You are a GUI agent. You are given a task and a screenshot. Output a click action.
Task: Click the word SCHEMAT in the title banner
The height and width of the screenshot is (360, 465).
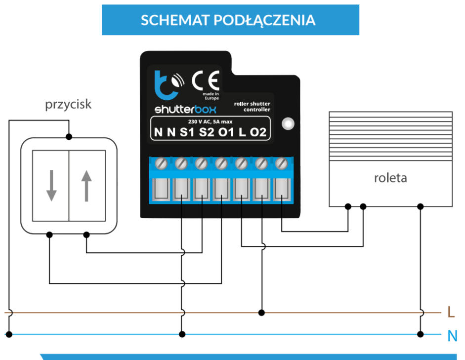[x=175, y=20]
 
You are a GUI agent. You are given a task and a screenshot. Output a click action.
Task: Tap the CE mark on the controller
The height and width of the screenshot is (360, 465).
[x=206, y=80]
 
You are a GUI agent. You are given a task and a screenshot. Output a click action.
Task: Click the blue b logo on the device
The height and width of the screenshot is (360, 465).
[x=166, y=85]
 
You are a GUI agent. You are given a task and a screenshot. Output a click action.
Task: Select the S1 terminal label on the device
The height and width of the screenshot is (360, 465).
[x=187, y=132]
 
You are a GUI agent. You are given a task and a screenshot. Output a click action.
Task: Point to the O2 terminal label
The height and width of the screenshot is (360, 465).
[x=258, y=132]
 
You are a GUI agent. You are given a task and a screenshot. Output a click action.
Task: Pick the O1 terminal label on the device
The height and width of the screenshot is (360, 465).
[x=226, y=132]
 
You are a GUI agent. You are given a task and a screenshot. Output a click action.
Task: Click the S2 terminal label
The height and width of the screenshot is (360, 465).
[x=207, y=132]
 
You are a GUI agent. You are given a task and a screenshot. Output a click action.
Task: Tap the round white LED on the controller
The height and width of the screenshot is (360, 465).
[x=288, y=123]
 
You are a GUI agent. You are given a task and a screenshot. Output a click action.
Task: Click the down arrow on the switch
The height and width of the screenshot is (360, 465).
[x=51, y=186]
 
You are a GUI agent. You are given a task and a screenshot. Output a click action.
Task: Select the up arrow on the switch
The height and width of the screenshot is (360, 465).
[x=86, y=186]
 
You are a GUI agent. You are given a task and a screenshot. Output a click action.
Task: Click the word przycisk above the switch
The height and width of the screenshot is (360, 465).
[x=68, y=105]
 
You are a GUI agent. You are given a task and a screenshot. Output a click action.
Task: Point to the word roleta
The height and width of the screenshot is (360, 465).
[x=390, y=178]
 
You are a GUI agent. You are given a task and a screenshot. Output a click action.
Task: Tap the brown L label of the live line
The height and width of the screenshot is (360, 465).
[x=451, y=312]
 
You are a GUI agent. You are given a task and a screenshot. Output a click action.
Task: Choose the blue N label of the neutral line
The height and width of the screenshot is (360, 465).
[x=452, y=336]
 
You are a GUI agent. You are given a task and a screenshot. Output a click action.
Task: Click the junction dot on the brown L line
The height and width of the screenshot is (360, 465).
[x=261, y=313]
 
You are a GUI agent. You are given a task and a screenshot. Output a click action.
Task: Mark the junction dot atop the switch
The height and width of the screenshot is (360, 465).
[x=69, y=137]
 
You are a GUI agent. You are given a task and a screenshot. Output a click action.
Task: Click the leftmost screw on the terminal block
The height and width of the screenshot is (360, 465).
[x=161, y=163]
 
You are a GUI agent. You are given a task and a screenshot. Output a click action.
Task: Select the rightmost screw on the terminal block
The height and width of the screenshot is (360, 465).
[x=282, y=163]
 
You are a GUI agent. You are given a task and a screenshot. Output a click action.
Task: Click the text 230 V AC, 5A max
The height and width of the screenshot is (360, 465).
[x=210, y=121]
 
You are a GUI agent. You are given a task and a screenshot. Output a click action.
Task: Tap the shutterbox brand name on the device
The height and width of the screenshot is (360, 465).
[x=185, y=109]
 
